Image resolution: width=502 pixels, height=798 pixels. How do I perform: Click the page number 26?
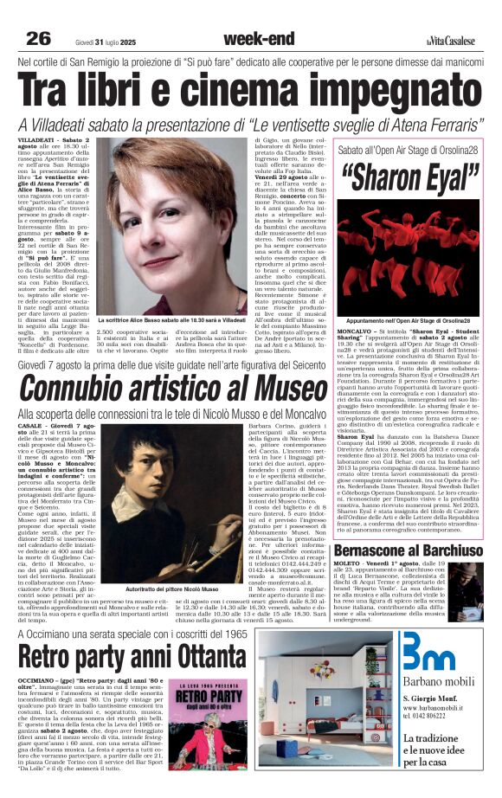point(37,38)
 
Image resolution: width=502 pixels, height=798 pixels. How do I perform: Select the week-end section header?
point(256,38)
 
